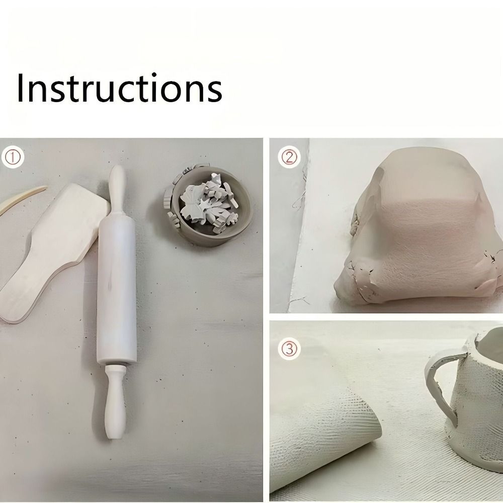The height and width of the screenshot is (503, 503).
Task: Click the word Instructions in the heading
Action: [119, 88]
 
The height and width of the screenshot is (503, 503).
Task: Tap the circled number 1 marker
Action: [13, 157]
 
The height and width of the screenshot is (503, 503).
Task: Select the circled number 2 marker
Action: [289, 157]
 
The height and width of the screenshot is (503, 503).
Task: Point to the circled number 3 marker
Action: [289, 349]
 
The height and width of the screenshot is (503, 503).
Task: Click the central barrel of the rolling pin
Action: [117, 289]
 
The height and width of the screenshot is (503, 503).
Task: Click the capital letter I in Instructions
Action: [20, 88]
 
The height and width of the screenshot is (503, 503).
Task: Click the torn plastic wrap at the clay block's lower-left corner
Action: [358, 284]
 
